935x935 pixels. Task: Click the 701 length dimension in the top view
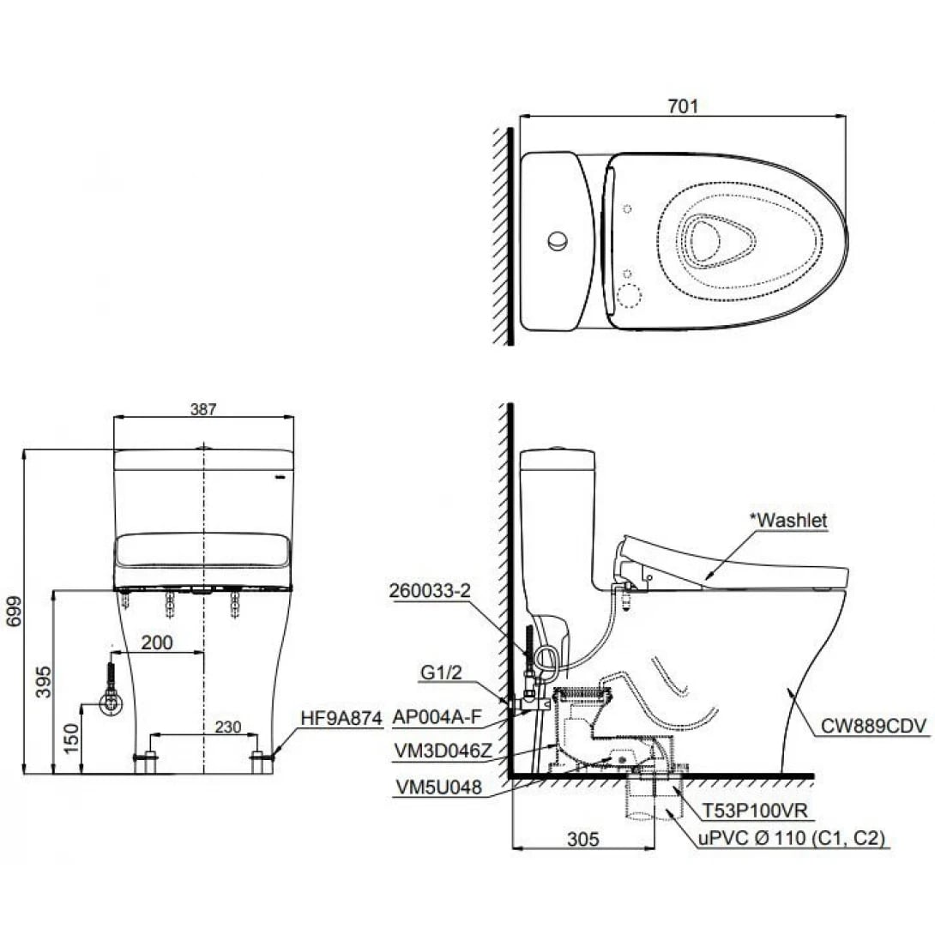tap(684, 106)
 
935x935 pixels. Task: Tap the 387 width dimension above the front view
tap(203, 410)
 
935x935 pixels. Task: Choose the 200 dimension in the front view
tap(157, 642)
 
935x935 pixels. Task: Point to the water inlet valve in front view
tap(111, 702)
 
